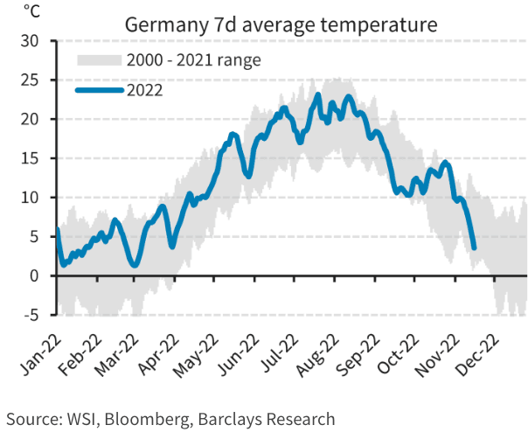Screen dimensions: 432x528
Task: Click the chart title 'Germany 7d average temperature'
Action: [x=281, y=23]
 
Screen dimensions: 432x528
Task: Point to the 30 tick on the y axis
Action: [x=30, y=41]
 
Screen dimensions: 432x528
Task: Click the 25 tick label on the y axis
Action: [x=30, y=80]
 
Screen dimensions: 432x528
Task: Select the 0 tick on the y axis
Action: [x=34, y=276]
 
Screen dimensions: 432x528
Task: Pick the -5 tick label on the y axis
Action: [x=30, y=315]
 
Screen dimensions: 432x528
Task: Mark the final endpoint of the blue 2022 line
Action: [x=474, y=248]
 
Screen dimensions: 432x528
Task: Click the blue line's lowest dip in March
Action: [x=134, y=264]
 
